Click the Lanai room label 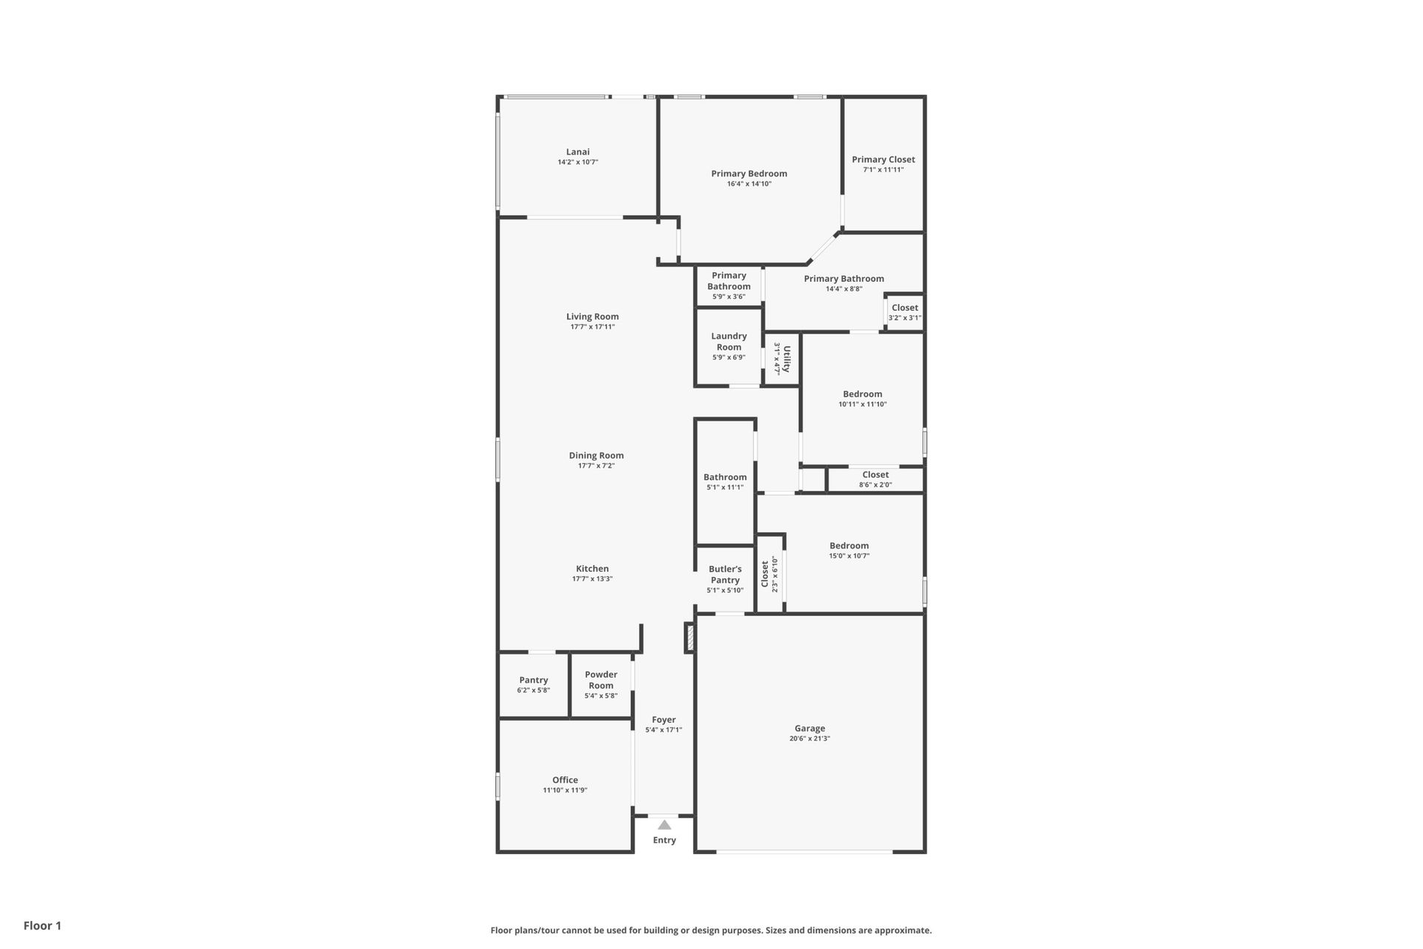coord(578,152)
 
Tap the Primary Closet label coord(883,159)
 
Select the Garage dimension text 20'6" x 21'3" coord(809,738)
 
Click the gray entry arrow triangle coord(665,824)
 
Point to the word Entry coord(665,840)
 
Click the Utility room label coord(787,359)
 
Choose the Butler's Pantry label coord(725,575)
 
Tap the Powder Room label coord(601,680)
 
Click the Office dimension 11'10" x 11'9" coord(565,790)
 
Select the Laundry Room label coord(729,342)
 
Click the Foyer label coord(664,720)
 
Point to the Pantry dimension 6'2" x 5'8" coord(534,690)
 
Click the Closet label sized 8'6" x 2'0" coord(875,474)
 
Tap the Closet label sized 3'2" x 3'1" coord(905,308)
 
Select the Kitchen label coord(592,569)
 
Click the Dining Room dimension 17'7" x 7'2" coord(597,466)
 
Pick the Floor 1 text coord(42,925)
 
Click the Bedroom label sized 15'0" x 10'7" coord(849,546)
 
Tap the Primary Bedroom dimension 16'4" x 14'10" coord(749,184)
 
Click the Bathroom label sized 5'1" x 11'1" coord(725,477)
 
